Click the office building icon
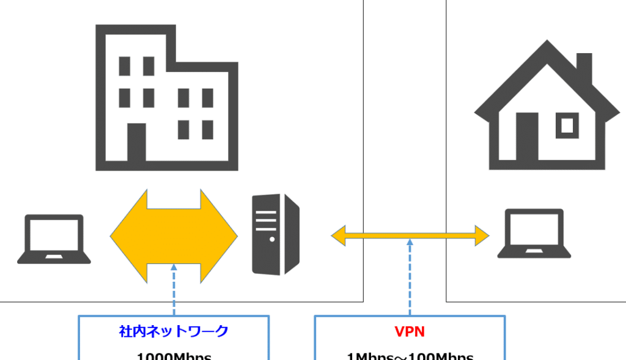coord(166,98)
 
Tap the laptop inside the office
coord(54,239)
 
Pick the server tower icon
coord(276,234)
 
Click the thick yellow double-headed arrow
coord(174,236)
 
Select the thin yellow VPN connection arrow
coord(410,235)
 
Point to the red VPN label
coord(410,332)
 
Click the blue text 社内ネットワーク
coord(174,332)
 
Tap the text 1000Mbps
coord(174,356)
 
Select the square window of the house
coord(567,125)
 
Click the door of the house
coord(527,137)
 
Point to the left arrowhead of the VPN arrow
coord(338,235)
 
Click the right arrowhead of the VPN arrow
coord(482,235)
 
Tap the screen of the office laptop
coord(54,235)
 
